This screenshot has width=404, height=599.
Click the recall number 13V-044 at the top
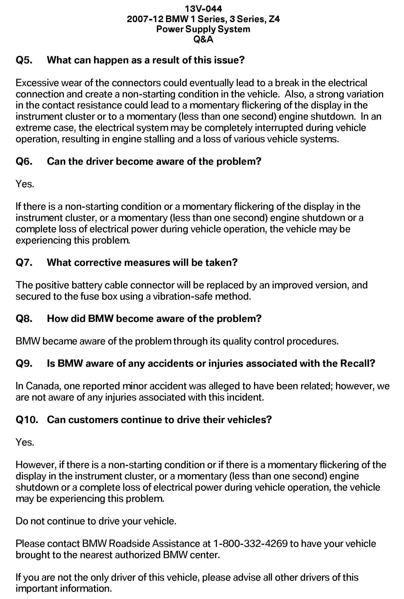203,9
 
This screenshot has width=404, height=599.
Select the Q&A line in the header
203,39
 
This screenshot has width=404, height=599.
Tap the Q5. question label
24,60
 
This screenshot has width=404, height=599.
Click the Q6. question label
24,161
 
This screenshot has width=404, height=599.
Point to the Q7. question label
24,262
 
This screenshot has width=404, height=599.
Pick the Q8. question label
24,319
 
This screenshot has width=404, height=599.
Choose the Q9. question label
24,363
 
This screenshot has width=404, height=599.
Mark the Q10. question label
27,419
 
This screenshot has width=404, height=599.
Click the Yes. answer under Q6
25,184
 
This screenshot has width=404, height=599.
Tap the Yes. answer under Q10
25,442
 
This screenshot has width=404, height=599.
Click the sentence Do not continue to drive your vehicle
96,521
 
